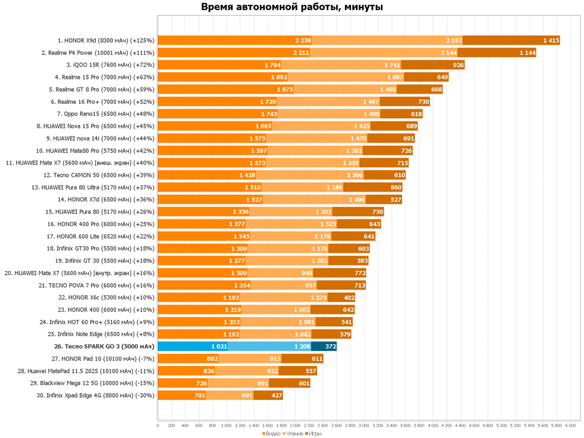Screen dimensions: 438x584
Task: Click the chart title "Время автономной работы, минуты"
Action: (291, 7)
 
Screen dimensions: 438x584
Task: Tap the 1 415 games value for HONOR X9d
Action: (551, 40)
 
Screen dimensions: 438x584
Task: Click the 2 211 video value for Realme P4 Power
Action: (302, 52)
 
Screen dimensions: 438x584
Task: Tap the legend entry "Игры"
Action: (314, 433)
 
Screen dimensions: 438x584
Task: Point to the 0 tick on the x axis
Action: (158, 426)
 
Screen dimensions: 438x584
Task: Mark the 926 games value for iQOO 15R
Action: (458, 65)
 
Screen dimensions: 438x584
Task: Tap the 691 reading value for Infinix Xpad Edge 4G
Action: (247, 395)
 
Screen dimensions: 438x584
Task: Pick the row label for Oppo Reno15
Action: (106, 113)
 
